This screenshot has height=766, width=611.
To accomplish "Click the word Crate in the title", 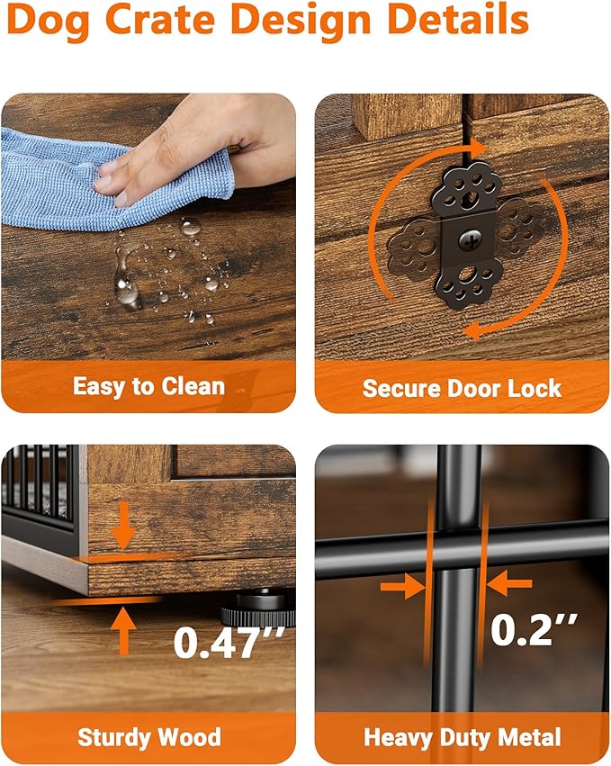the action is pos(159,19).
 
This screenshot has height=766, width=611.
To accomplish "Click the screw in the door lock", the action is pos(471,239).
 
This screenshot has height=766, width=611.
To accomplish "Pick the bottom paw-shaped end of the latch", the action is pos(469,284).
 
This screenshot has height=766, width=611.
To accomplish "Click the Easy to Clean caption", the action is pos(149,387).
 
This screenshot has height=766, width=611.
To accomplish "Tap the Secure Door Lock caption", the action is pos(462,389).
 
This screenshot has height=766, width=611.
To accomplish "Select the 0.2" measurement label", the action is pos(534,629).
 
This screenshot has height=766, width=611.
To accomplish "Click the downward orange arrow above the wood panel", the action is pos(123,526).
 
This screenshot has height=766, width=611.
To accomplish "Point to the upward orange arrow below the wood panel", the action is pos(123,631).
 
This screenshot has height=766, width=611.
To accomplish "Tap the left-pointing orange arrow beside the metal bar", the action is pos(509,584).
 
